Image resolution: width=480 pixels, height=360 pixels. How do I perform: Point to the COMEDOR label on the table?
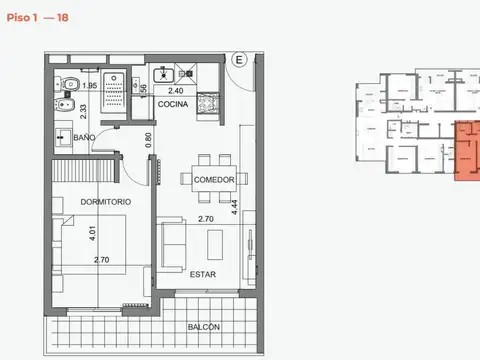coord(213,180)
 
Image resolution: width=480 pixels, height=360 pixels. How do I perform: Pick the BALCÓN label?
coord(204,327)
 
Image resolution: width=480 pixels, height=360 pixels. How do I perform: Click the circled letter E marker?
coord(240,60)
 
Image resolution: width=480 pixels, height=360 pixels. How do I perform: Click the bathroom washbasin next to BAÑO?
coord(62,137)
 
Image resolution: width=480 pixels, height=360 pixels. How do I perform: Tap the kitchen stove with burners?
coord(210,102)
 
